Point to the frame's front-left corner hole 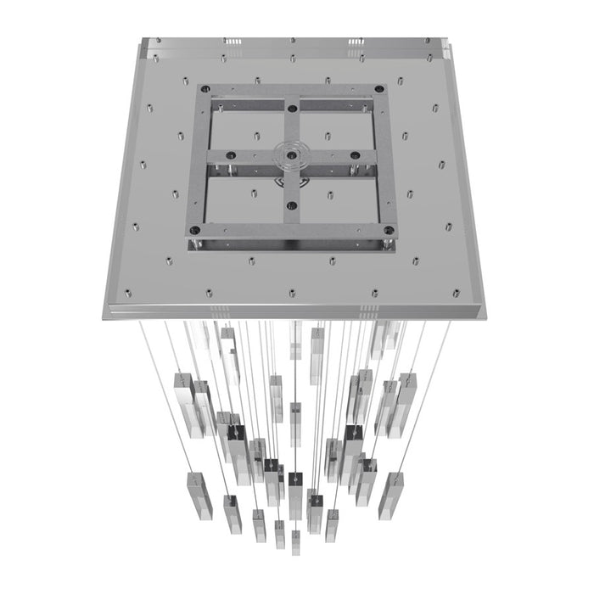click(x=195, y=229)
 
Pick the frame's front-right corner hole click(x=389, y=230)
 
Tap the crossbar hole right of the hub click(x=356, y=155)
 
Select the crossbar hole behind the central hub click(x=292, y=107)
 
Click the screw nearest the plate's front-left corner click(x=128, y=294)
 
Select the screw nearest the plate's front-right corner click(x=457, y=294)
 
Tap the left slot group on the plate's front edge click(x=215, y=304)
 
